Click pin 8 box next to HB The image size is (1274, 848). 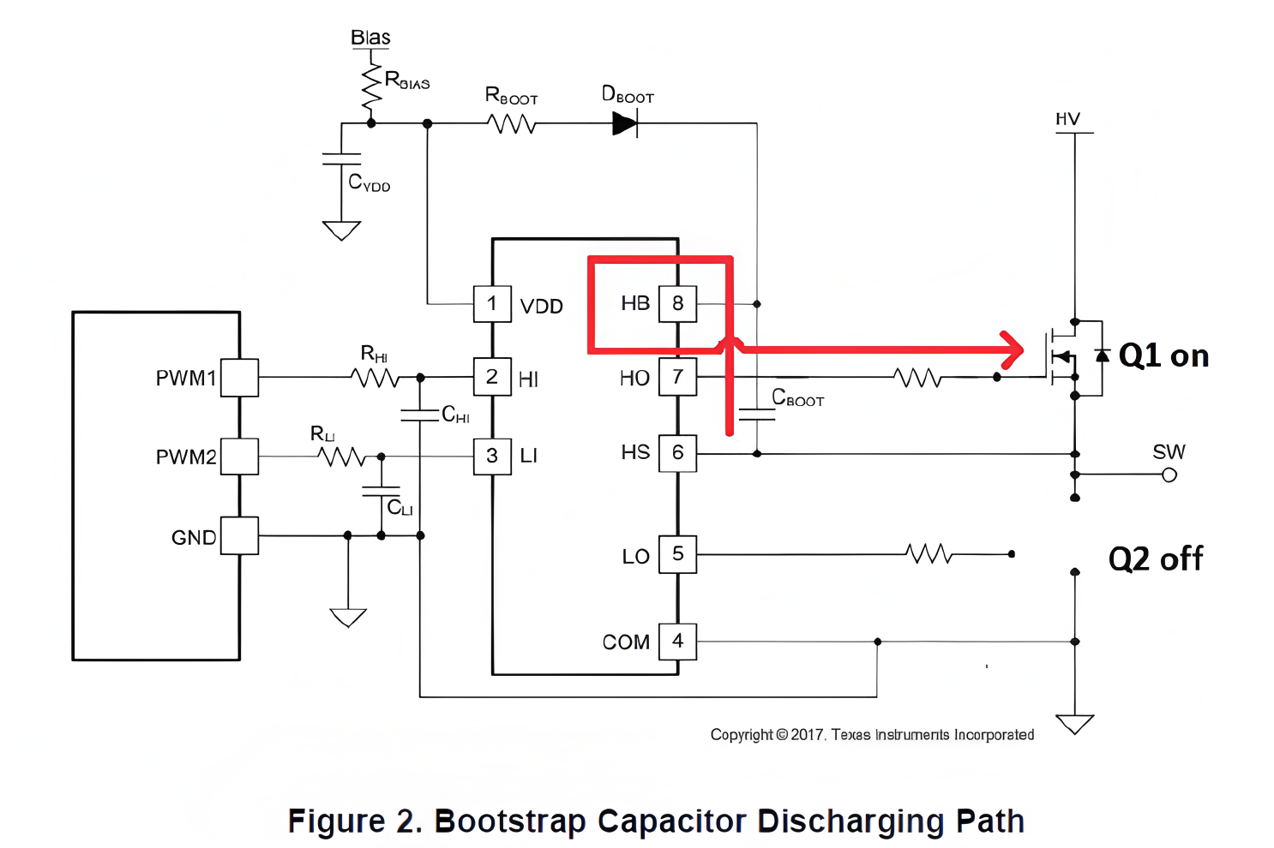[677, 304]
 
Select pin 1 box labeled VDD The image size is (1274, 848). [492, 304]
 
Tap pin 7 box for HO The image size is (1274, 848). [677, 378]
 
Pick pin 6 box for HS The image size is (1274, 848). [677, 453]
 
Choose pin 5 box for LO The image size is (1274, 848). [677, 554]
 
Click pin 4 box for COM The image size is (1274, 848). [677, 642]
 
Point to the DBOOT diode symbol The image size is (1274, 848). [625, 124]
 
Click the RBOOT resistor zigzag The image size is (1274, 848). [512, 124]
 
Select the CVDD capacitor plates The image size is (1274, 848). [341, 158]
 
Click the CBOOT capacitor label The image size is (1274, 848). [797, 398]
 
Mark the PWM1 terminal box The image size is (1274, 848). [239, 378]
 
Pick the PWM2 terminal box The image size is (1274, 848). [239, 457]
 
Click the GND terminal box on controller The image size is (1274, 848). [239, 536]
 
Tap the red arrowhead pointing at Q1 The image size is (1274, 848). [1013, 349]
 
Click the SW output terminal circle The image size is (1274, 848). [1169, 475]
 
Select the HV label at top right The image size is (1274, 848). [1067, 119]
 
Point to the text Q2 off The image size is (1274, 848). [1155, 559]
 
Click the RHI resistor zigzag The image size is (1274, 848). [376, 378]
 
